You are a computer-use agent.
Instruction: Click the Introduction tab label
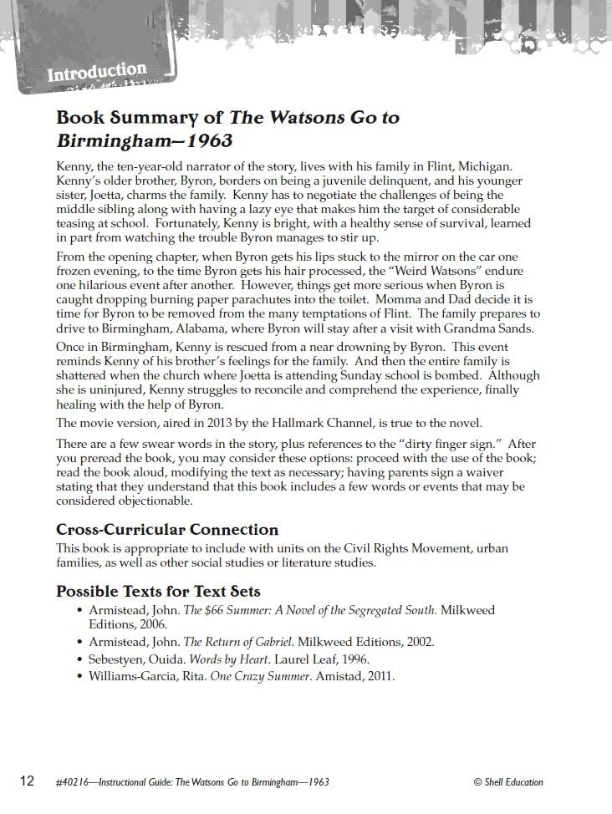point(96,72)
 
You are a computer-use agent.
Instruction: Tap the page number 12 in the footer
point(27,781)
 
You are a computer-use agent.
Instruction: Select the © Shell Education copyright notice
point(508,782)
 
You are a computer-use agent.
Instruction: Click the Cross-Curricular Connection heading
point(167,529)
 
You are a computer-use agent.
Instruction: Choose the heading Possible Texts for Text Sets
point(158,591)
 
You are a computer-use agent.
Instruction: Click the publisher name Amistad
point(341,676)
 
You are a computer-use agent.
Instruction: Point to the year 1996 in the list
point(354,659)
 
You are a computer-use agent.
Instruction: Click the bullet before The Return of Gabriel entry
point(80,643)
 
